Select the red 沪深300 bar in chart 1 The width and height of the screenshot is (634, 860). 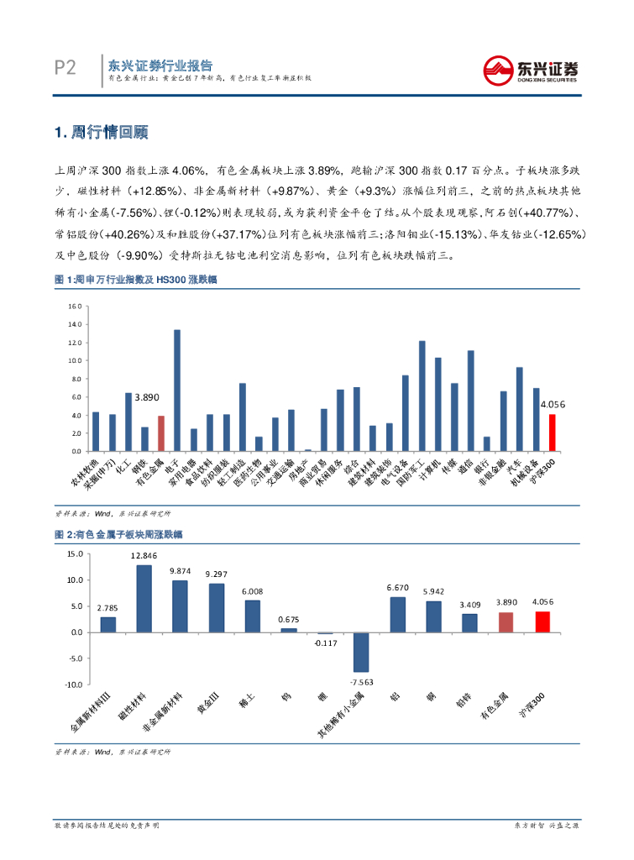click(552, 433)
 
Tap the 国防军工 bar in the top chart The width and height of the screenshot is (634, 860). click(422, 396)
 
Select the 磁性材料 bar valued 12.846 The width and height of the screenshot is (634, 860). click(144, 598)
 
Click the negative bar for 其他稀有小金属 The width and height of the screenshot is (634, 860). click(361, 652)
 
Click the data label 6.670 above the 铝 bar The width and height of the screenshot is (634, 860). click(397, 588)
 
